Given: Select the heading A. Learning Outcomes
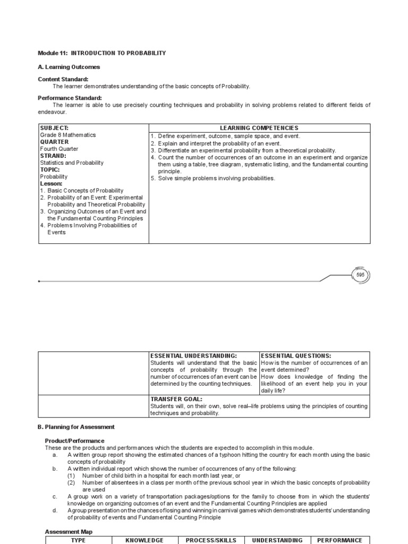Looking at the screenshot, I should pyautogui.click(x=69, y=67).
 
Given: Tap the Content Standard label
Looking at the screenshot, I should pyautogui.click(x=63, y=79).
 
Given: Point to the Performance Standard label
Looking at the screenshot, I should pyautogui.click(x=70, y=98).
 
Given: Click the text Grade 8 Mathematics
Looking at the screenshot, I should pyautogui.click(x=68, y=135).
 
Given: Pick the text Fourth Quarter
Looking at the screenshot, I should pyautogui.click(x=58, y=149).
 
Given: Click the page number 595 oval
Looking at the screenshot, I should pyautogui.click(x=361, y=275).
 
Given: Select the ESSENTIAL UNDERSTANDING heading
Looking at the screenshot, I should pyautogui.click(x=193, y=355).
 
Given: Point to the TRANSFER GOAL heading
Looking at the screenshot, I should pyautogui.click(x=176, y=399).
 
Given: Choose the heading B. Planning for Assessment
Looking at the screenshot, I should pyautogui.click(x=76, y=427).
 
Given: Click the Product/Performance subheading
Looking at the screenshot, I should pyautogui.click(x=74, y=441).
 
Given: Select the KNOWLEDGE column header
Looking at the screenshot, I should pyautogui.click(x=144, y=540).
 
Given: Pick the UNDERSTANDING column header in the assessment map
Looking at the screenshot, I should pyautogui.click(x=277, y=540).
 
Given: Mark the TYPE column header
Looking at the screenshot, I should pyautogui.click(x=78, y=540).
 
